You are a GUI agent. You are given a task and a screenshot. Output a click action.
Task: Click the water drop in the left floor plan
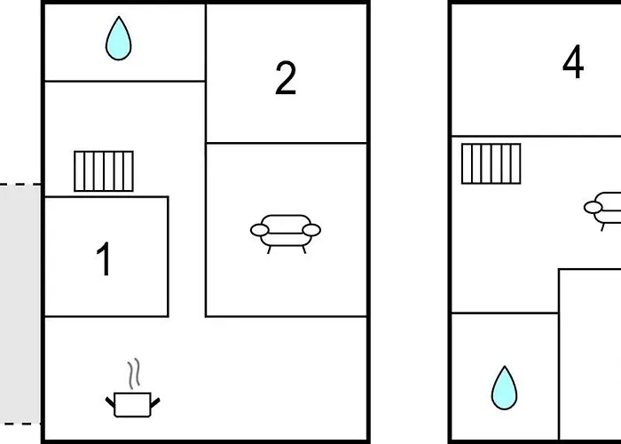point(118,40)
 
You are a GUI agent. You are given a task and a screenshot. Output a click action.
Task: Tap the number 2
point(285,79)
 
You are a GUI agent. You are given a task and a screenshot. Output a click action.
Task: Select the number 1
point(105,260)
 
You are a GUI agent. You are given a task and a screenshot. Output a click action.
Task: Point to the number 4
point(573,63)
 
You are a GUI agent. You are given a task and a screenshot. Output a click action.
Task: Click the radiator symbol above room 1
point(104,170)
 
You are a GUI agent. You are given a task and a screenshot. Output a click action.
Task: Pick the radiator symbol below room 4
point(491,163)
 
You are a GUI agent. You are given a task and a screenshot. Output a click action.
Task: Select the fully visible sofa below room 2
point(285,231)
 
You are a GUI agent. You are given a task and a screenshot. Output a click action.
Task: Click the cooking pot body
point(133,405)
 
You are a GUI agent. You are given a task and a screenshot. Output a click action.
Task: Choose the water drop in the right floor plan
point(504,388)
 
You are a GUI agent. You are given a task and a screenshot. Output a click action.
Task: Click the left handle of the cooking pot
point(111,404)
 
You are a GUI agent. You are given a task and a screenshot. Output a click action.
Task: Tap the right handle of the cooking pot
point(155,404)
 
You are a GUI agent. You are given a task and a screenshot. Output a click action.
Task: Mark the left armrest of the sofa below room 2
point(260,231)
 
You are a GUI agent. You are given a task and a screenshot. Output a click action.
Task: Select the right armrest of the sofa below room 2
point(310,231)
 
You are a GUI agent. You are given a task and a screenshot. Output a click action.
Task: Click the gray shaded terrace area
point(20,302)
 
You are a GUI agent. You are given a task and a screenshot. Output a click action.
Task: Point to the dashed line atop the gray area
point(20,185)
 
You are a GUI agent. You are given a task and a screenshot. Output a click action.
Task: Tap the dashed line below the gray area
point(20,423)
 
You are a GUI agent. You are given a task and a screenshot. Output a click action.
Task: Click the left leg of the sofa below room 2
point(269,249)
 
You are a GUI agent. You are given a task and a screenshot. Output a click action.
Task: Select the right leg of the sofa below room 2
point(303,249)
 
